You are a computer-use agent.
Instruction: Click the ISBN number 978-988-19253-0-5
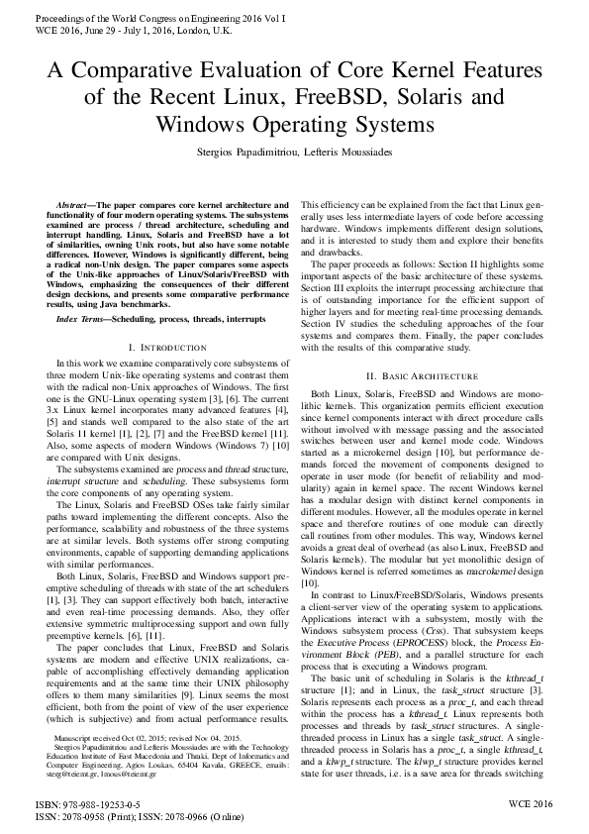(x=95, y=806)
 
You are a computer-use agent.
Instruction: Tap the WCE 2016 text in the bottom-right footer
(x=531, y=806)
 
